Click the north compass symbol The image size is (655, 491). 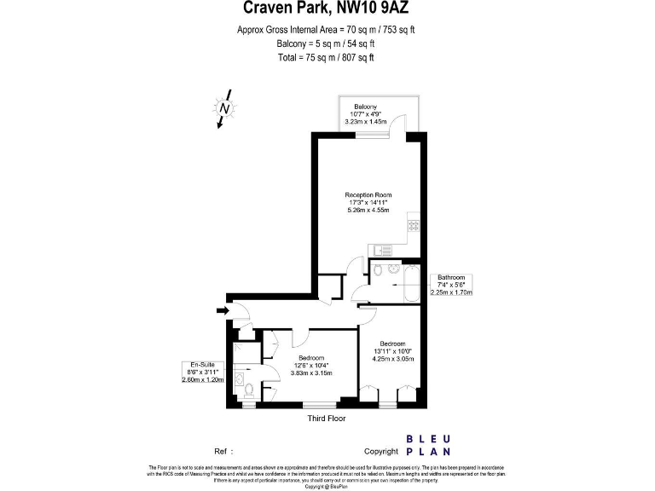223,109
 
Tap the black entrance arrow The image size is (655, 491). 223,311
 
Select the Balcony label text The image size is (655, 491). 366,106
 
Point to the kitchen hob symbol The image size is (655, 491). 414,226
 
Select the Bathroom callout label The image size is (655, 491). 451,278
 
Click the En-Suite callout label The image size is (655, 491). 204,364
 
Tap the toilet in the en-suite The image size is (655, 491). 249,390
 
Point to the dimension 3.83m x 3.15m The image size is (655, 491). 311,373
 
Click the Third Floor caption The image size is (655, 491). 326,419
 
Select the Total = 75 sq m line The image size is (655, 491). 327,58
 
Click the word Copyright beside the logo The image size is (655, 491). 381,452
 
